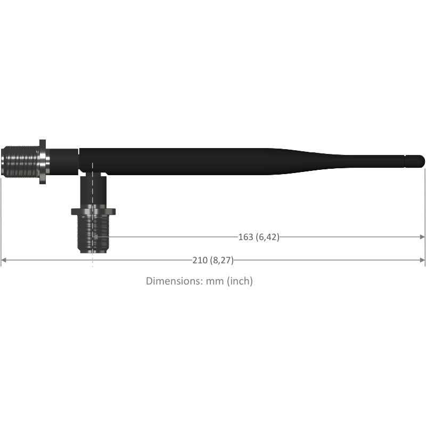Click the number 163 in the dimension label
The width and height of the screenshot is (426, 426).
[245, 237]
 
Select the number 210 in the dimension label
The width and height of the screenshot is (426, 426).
[200, 260]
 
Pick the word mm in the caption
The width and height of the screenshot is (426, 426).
[215, 282]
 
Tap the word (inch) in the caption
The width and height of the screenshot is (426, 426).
[240, 281]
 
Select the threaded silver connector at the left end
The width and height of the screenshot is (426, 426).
[20, 162]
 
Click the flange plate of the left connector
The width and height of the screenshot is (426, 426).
[43, 162]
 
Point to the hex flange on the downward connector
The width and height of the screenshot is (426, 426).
[93, 211]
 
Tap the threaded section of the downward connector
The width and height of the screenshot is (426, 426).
[93, 234]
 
